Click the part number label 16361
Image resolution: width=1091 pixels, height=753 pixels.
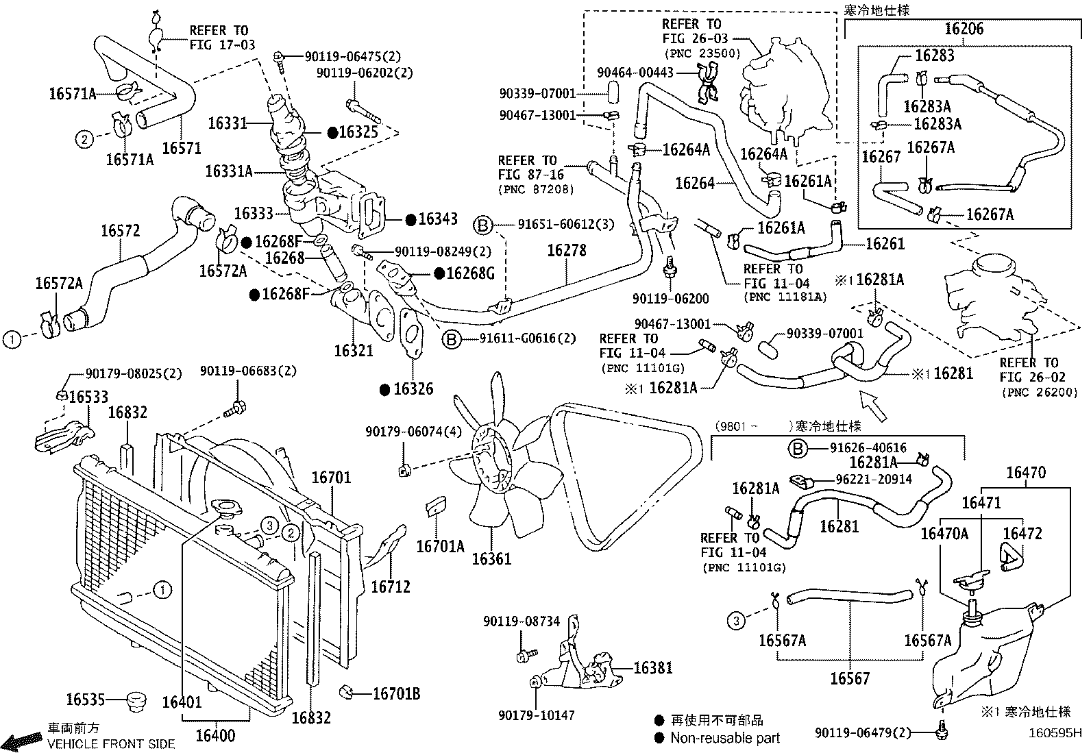(491, 558)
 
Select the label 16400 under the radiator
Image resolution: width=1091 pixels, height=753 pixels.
(215, 735)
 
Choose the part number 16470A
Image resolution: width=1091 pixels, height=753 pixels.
(944, 534)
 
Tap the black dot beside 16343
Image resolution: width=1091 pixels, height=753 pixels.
(410, 220)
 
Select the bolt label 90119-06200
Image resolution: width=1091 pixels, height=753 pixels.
(671, 299)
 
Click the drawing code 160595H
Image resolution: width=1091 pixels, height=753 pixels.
(1055, 733)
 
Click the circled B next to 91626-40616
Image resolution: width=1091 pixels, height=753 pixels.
(797, 448)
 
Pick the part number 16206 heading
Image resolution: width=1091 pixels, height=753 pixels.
(964, 29)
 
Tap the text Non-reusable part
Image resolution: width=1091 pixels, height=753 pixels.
(725, 739)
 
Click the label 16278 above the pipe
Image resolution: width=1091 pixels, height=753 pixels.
(567, 250)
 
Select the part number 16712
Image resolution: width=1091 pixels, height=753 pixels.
(391, 587)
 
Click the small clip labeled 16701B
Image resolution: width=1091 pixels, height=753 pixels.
(346, 691)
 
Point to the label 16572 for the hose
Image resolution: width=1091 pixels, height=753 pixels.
(121, 230)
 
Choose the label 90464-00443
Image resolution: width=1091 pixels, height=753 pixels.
(635, 73)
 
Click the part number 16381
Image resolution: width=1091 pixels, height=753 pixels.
(652, 668)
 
